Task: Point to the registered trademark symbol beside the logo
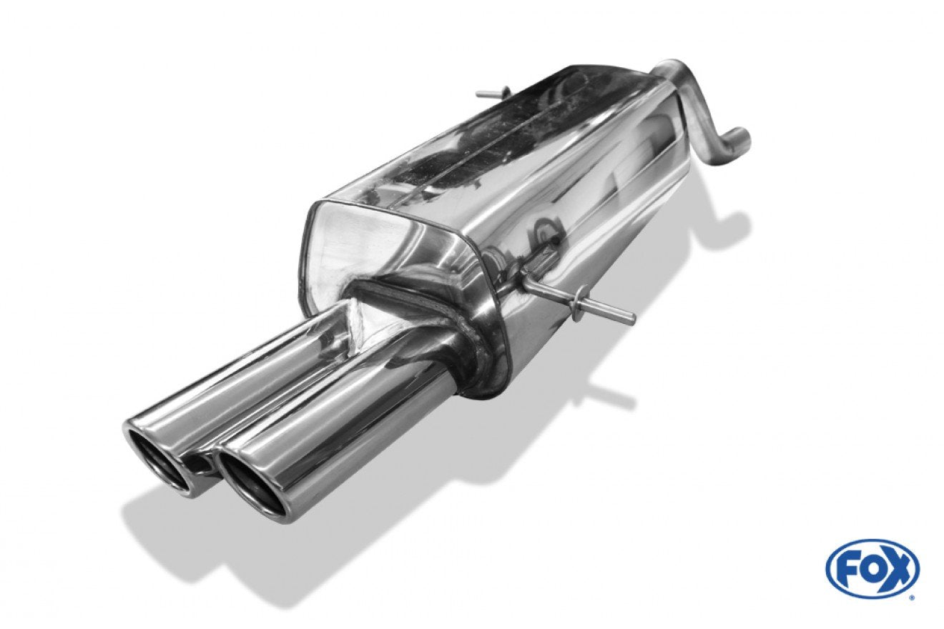point(910,595)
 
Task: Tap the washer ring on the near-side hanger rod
point(580,295)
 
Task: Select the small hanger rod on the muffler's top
point(492,93)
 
